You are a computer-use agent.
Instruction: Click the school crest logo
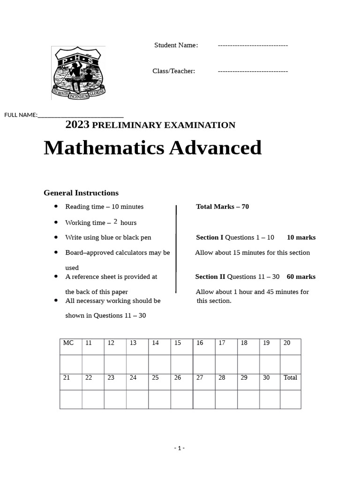pyautogui.click(x=78, y=73)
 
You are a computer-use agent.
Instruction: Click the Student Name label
pyautogui.click(x=176, y=45)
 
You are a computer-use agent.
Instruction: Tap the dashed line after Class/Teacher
pyautogui.click(x=253, y=71)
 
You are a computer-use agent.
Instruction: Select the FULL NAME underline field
pyautogui.click(x=80, y=115)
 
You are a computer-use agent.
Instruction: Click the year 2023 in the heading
pyautogui.click(x=77, y=125)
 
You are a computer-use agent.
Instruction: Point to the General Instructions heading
pyautogui.click(x=81, y=193)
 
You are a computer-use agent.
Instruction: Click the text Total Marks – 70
pyautogui.click(x=222, y=207)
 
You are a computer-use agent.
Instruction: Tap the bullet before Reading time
pyautogui.click(x=56, y=206)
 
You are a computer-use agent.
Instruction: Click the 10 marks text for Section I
pyautogui.click(x=301, y=238)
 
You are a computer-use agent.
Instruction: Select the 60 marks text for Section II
pyautogui.click(x=301, y=277)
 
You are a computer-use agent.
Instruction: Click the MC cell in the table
pyautogui.click(x=71, y=346)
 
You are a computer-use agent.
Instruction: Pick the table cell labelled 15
pyautogui.click(x=181, y=346)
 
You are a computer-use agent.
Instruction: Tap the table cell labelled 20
pyautogui.click(x=290, y=346)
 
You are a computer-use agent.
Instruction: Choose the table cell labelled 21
pyautogui.click(x=71, y=382)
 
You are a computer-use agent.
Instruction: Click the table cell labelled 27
pyautogui.click(x=203, y=382)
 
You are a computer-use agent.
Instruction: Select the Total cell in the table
pyautogui.click(x=290, y=382)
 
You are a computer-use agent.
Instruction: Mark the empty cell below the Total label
pyautogui.click(x=290, y=399)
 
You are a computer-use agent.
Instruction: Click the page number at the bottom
pyautogui.click(x=180, y=448)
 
